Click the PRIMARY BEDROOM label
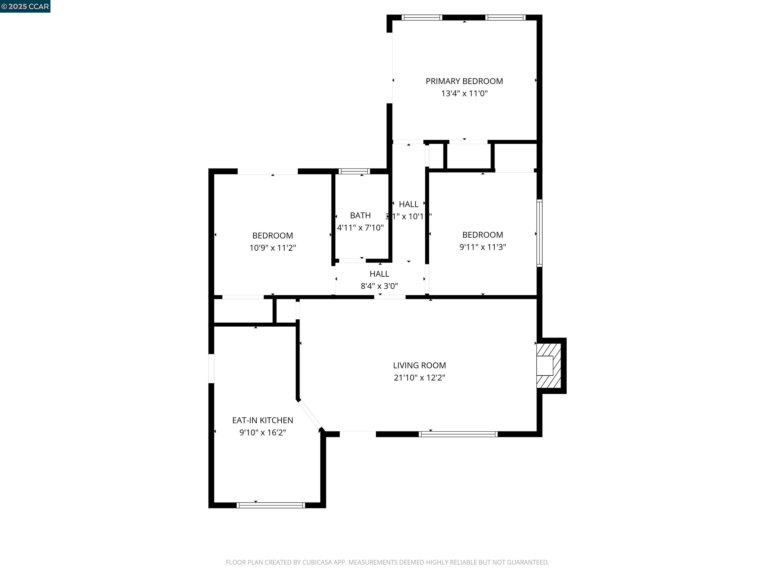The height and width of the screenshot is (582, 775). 464,81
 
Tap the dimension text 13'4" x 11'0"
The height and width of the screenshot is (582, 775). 464,93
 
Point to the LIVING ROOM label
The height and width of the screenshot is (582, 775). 419,365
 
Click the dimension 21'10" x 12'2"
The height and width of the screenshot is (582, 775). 419,377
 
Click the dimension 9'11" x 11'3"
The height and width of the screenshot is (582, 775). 482,247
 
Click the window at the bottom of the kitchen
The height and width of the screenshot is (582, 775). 270,505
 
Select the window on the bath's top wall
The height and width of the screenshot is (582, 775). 354,171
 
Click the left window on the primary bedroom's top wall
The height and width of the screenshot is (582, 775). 422,17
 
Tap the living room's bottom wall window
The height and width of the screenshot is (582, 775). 458,434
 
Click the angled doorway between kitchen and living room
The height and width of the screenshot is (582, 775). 309,415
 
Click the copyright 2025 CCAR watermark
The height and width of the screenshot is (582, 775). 25,6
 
